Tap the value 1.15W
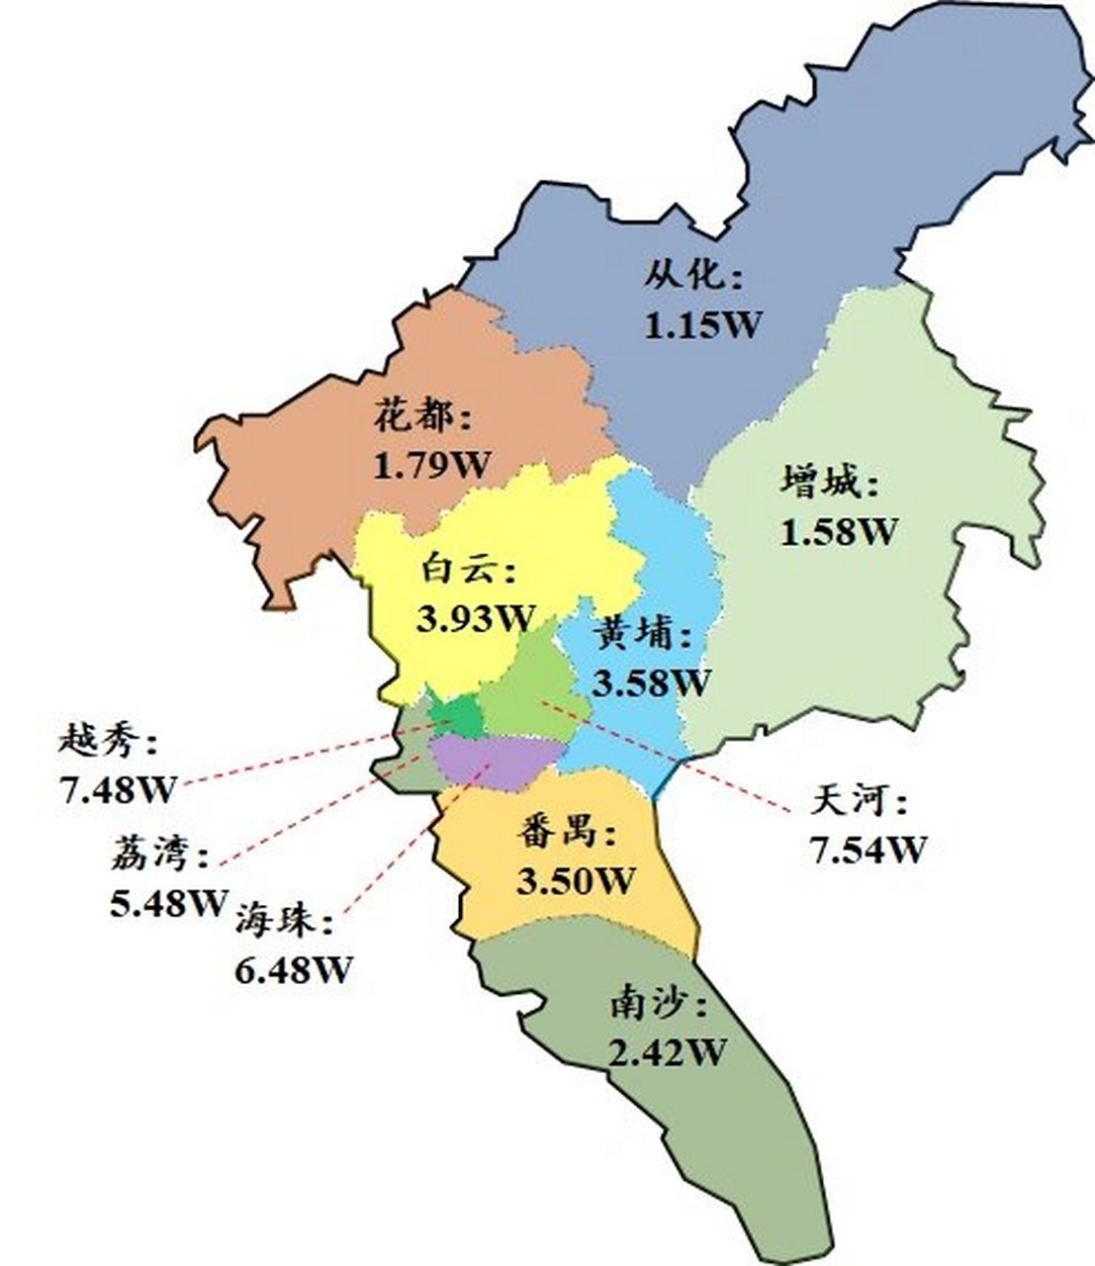click(x=703, y=323)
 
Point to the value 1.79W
click(x=431, y=464)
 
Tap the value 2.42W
click(x=668, y=1053)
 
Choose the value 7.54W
click(x=867, y=849)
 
